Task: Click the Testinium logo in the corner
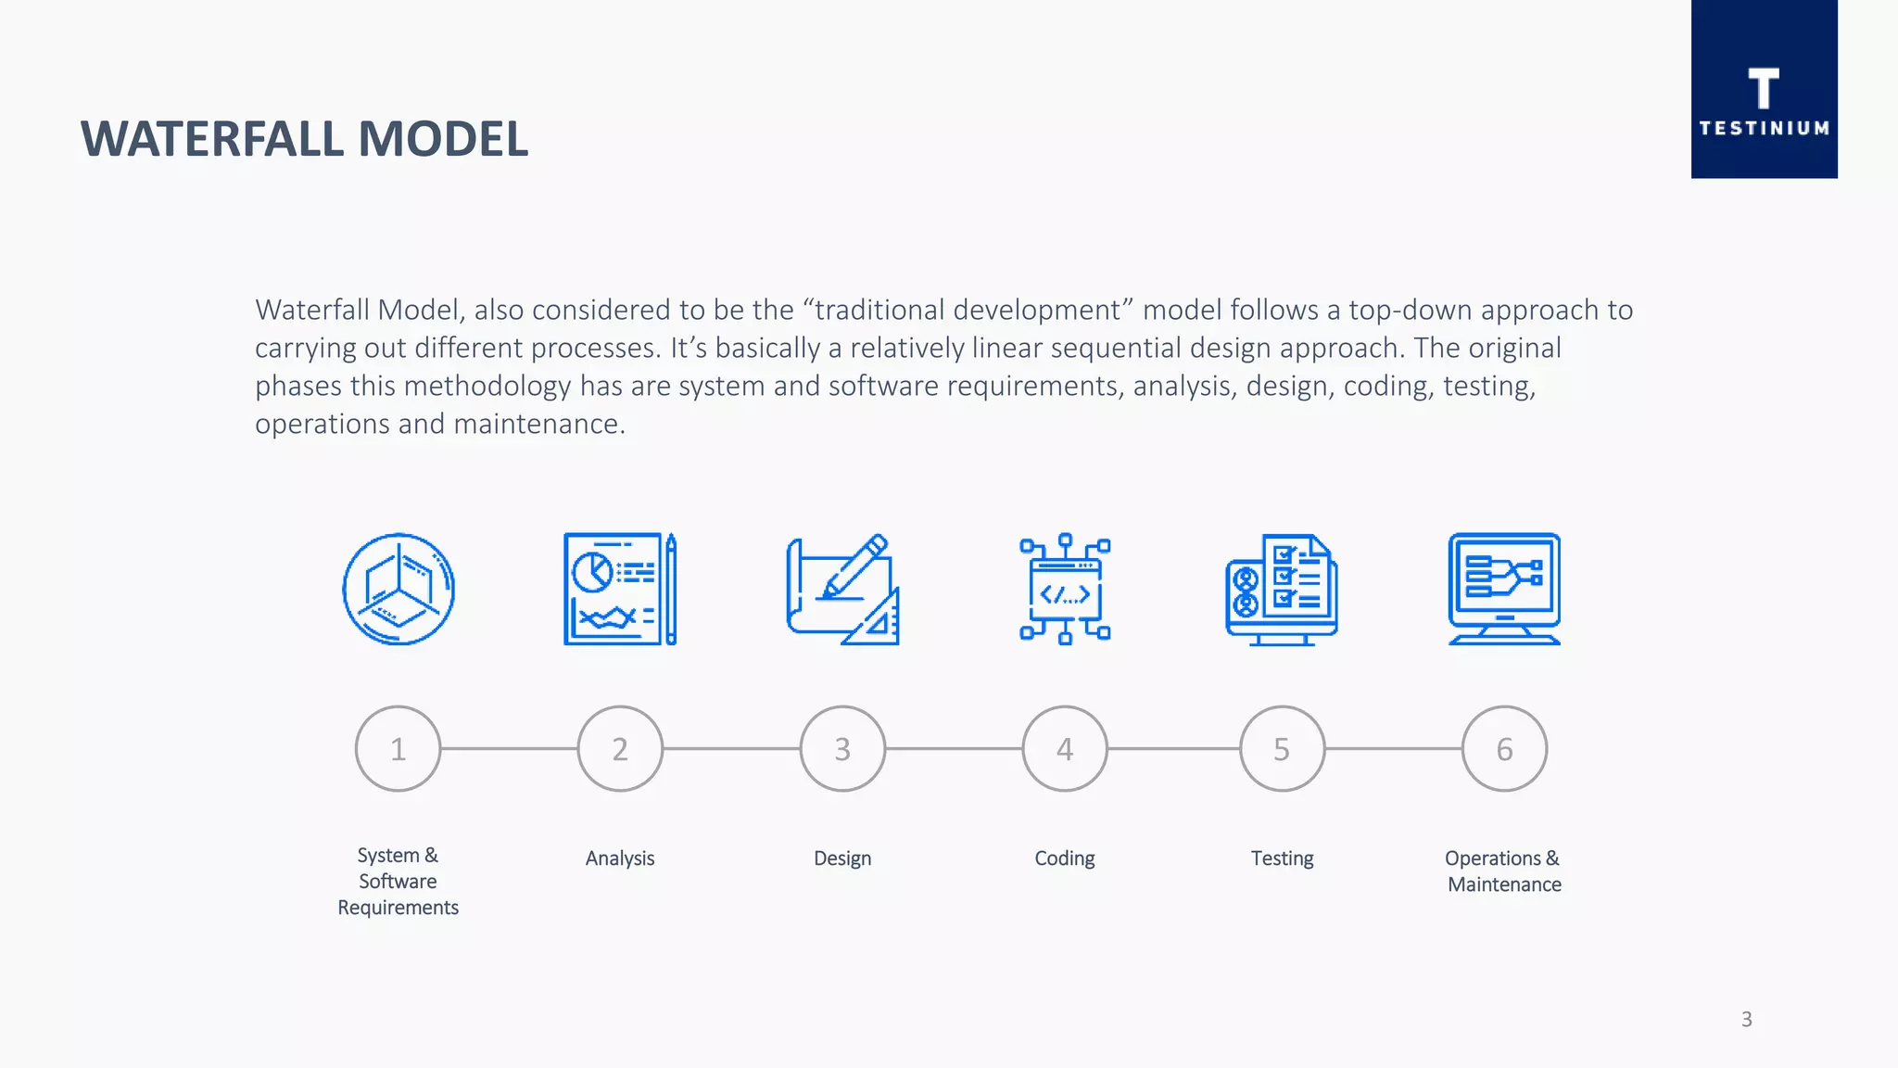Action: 1764,90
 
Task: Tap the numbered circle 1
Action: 398,749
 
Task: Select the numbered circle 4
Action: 1065,749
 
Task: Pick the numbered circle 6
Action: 1504,749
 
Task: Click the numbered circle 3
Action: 842,749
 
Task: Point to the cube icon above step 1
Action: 399,589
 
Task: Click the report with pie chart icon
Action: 620,589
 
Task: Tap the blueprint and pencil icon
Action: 842,589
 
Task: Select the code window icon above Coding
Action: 1065,589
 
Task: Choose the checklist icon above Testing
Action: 1282,589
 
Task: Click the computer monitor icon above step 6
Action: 1504,589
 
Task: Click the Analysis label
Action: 620,858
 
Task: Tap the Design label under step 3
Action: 842,858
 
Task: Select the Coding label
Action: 1065,858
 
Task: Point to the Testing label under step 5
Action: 1282,858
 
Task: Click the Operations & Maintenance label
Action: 1503,871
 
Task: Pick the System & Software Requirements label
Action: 398,881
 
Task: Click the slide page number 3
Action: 1746,1020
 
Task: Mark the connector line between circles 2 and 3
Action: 731,748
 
